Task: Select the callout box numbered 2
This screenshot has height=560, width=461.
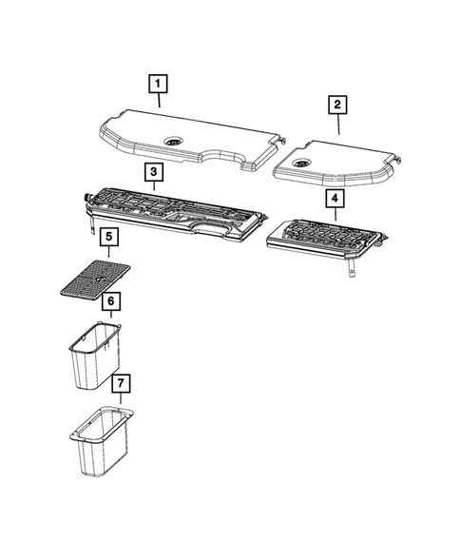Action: (338, 105)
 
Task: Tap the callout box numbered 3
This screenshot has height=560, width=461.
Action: (151, 172)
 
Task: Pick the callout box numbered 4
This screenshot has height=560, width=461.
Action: (334, 199)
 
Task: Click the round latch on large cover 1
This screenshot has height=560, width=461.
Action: (174, 141)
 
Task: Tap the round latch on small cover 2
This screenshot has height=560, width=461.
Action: (303, 165)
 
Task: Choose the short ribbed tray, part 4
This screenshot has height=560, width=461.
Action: (323, 237)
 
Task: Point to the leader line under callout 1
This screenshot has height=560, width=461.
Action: (159, 101)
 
